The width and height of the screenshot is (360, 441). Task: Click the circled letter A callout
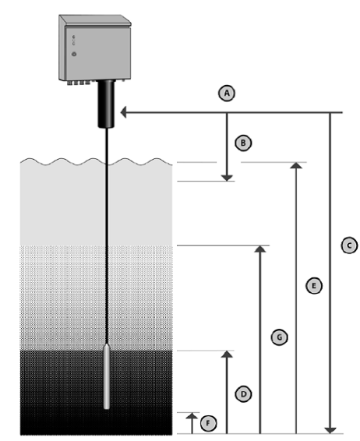pyautogui.click(x=227, y=93)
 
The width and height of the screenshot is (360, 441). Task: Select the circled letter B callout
pyautogui.click(x=243, y=143)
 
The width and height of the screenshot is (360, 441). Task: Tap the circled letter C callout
pyautogui.click(x=349, y=245)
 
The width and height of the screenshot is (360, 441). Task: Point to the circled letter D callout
pyautogui.click(x=243, y=393)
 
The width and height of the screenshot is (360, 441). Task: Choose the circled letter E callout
pyautogui.click(x=314, y=286)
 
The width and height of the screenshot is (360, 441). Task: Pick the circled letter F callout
pyautogui.click(x=208, y=423)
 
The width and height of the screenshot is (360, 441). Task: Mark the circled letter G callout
pyautogui.click(x=279, y=337)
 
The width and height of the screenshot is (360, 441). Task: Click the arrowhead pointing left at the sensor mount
pyautogui.click(x=123, y=112)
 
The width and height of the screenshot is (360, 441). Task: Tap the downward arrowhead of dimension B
pyautogui.click(x=227, y=178)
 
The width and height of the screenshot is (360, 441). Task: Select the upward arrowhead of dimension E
pyautogui.click(x=296, y=166)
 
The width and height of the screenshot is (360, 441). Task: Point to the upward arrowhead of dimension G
pyautogui.click(x=260, y=249)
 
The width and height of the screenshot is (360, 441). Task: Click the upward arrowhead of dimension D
pyautogui.click(x=227, y=354)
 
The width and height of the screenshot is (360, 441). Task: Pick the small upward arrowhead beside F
pyautogui.click(x=192, y=416)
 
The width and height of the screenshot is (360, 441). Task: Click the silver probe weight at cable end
pyautogui.click(x=107, y=376)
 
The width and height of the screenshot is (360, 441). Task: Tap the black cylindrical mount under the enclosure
pyautogui.click(x=106, y=104)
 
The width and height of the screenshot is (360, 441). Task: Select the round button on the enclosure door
pyautogui.click(x=74, y=54)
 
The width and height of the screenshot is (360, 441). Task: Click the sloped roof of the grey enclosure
pyautogui.click(x=95, y=20)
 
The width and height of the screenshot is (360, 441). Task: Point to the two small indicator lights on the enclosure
pyautogui.click(x=74, y=40)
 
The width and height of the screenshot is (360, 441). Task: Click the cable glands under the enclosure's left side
pyautogui.click(x=81, y=83)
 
